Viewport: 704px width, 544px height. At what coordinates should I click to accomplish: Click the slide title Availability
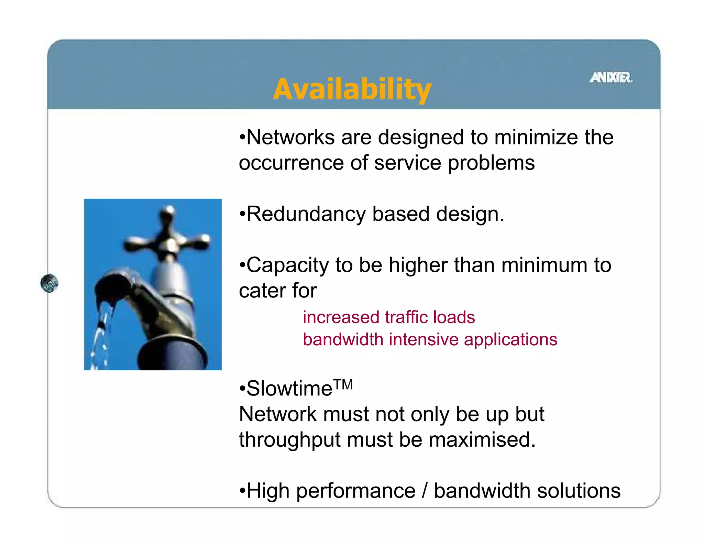[352, 89]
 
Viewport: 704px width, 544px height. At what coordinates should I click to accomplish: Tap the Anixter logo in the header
[611, 77]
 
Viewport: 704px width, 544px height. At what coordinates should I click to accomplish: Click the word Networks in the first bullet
[290, 137]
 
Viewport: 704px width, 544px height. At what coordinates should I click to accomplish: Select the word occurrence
[291, 163]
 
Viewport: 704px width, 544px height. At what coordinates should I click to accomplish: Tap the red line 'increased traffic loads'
[389, 317]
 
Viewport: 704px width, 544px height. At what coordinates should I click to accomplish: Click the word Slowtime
[289, 389]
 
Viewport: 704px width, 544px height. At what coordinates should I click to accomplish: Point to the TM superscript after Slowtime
[343, 384]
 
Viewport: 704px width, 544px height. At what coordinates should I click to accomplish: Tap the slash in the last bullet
[425, 491]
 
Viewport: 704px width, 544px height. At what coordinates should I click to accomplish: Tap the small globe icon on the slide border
[49, 283]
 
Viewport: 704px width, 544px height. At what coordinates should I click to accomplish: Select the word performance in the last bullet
[355, 491]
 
